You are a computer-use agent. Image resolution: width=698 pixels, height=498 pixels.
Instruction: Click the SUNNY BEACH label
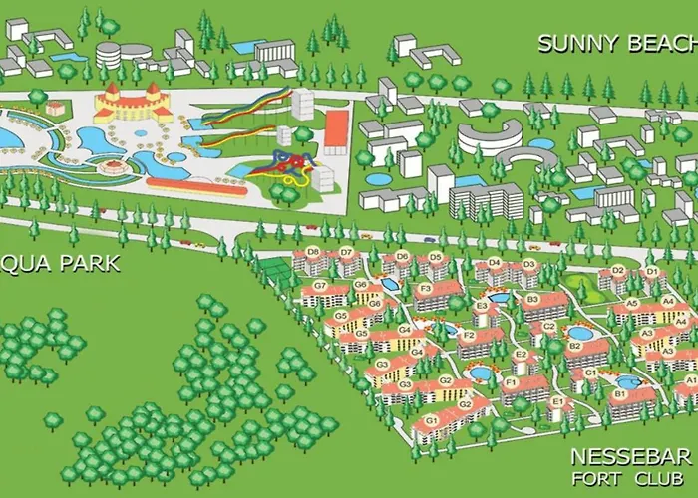point(615,44)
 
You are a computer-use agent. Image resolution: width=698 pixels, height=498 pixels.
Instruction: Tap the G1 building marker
point(432,420)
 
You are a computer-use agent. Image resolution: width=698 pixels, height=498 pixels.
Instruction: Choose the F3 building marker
point(425,290)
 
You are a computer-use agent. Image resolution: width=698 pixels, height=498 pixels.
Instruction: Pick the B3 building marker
point(532,298)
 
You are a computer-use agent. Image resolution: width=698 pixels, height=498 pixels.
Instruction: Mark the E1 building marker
point(556,402)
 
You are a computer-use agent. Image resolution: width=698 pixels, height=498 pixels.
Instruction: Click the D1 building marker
point(651,272)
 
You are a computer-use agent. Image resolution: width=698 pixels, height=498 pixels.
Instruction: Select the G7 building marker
point(320,286)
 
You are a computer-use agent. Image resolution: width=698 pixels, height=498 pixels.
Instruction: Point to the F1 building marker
point(511,382)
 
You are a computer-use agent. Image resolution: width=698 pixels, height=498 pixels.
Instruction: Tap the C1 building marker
point(590,373)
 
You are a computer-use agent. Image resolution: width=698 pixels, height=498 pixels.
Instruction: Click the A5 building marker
point(631,303)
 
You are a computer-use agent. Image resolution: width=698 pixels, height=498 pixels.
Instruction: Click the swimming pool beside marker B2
point(579,333)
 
